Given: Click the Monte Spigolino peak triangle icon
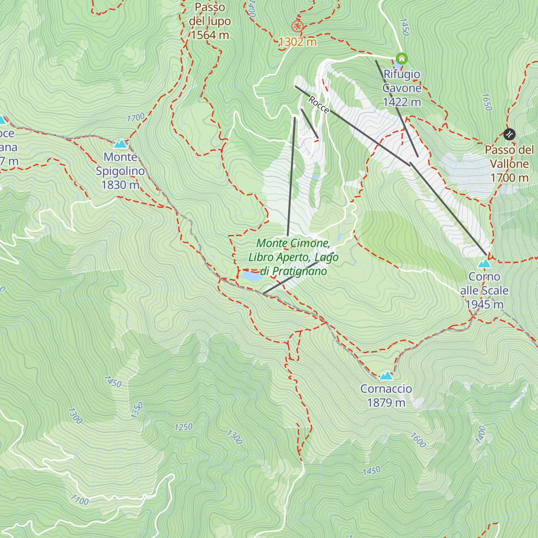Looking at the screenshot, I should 120,144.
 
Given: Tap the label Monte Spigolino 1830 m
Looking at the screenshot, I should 120,171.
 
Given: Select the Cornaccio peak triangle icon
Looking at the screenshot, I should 386,376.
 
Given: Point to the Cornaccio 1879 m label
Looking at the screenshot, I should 386,396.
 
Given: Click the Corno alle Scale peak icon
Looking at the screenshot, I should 484,264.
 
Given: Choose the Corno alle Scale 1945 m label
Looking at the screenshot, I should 484,291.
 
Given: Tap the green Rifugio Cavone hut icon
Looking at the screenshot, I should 401,58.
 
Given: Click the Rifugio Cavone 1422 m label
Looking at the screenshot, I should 402,88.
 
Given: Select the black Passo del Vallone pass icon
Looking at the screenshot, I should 509,134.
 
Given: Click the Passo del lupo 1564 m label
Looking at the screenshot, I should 210,21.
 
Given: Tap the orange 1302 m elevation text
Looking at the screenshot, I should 297,42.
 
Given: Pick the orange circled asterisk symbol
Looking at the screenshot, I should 296,26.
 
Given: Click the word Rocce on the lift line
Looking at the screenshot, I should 319,104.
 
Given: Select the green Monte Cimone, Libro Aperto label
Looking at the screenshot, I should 294,257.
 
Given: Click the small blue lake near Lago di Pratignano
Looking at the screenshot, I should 252,276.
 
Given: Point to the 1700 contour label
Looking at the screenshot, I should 136,117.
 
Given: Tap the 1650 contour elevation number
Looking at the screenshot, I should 486,102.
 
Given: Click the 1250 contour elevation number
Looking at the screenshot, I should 183,427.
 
